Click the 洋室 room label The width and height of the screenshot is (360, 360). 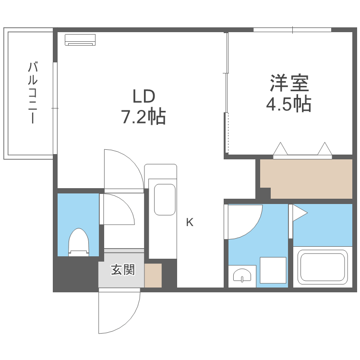tap(288, 84)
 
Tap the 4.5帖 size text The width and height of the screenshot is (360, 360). tap(288, 104)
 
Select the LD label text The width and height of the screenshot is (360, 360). tap(144, 96)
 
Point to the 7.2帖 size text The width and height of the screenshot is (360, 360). tap(144, 117)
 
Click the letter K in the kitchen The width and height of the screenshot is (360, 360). tap(190, 223)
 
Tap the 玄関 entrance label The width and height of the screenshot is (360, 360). tap(122, 270)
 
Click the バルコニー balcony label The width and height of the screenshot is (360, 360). tap(32, 93)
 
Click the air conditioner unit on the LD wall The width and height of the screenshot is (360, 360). tap(81, 40)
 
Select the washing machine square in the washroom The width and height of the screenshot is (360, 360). tap(273, 270)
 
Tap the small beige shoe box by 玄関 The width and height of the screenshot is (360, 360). tap(153, 276)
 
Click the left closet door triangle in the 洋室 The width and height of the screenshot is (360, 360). tap(281, 150)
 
